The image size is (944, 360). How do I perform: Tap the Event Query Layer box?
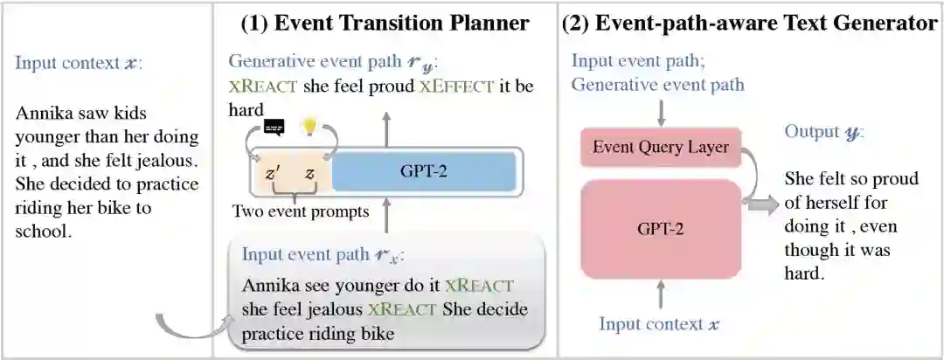click(x=660, y=148)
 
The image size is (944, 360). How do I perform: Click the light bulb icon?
click(x=308, y=128)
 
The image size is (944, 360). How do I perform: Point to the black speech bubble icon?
click(x=274, y=128)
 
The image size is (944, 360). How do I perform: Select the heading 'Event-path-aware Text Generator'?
click(x=750, y=24)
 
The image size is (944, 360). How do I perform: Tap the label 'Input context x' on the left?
click(x=66, y=64)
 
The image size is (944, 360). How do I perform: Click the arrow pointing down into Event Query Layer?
click(x=660, y=112)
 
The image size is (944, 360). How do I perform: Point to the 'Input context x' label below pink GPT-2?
click(x=659, y=324)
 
